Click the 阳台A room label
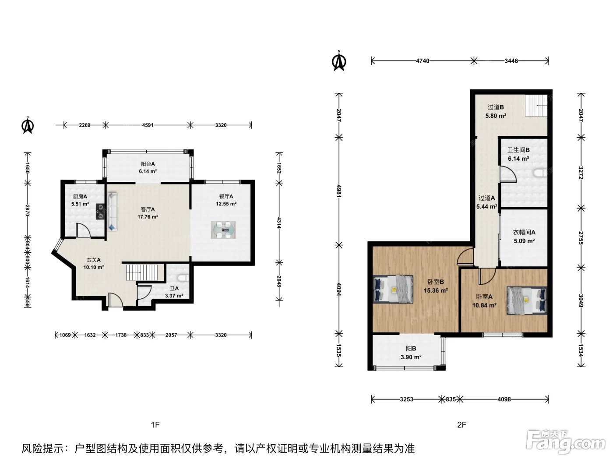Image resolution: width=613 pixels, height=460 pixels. click(148, 164)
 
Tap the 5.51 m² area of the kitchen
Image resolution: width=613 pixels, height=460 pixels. click(80, 204)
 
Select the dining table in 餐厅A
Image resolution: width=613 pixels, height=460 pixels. click(223, 230)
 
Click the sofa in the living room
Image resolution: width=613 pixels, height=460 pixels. click(112, 211)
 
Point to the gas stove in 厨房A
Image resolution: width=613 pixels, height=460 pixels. click(101, 212)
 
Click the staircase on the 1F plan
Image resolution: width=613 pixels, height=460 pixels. click(142, 272)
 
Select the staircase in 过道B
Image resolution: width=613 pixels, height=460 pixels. click(536, 105)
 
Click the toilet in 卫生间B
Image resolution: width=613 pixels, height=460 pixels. click(540, 173)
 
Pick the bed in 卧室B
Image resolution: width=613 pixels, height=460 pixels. click(393, 289)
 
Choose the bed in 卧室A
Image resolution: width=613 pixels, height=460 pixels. click(527, 300)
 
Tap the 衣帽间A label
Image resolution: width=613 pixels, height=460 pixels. click(524, 232)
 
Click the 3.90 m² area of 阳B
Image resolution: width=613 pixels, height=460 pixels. click(411, 357)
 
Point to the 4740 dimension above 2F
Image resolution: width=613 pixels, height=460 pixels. click(423, 61)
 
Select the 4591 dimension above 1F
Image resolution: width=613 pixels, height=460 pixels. click(148, 125)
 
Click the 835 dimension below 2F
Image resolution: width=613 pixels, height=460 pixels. click(451, 400)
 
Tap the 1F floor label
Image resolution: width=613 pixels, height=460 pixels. click(155, 425)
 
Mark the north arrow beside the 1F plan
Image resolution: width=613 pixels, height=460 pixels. click(28, 125)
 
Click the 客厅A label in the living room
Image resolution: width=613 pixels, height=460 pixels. click(148, 209)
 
